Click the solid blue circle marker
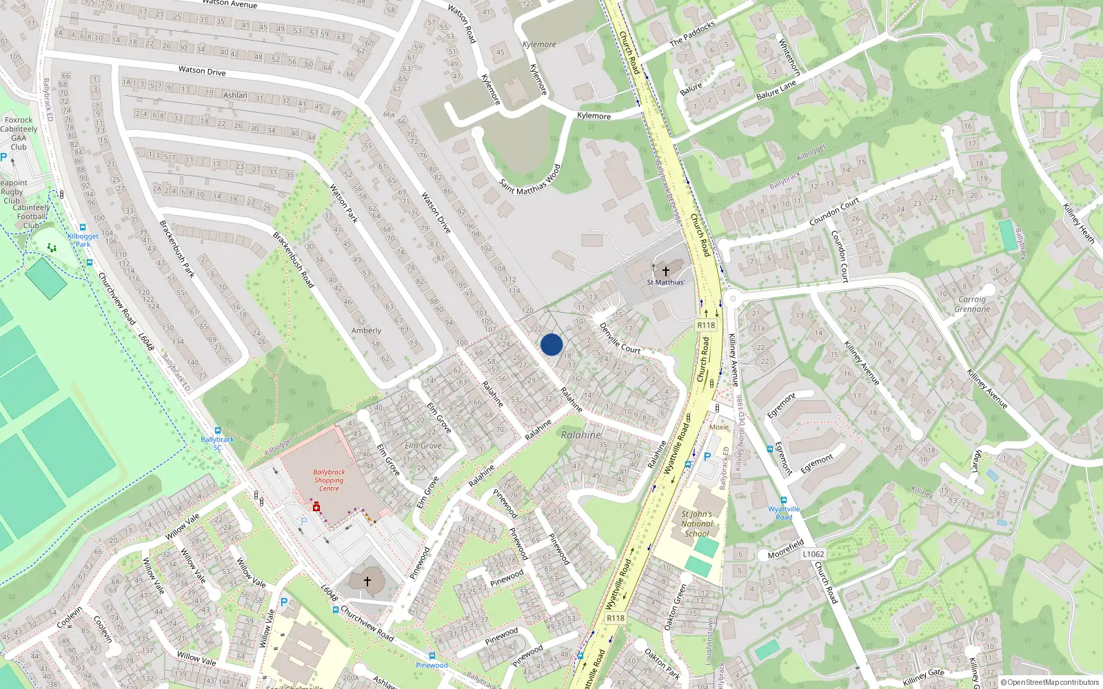point(551,344)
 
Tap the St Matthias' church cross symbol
point(665,271)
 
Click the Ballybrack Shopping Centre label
point(329,480)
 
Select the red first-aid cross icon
point(316,508)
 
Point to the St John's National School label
point(696,524)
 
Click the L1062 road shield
point(813,554)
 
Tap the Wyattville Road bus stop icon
point(783,500)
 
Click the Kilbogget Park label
point(83,240)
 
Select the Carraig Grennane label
point(972,304)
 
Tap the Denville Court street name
point(620,338)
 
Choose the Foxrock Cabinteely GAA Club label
point(19,133)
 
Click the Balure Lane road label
point(776,90)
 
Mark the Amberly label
point(366,331)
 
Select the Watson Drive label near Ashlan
point(202,70)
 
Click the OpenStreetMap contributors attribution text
point(1049,682)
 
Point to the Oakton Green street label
point(675,607)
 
